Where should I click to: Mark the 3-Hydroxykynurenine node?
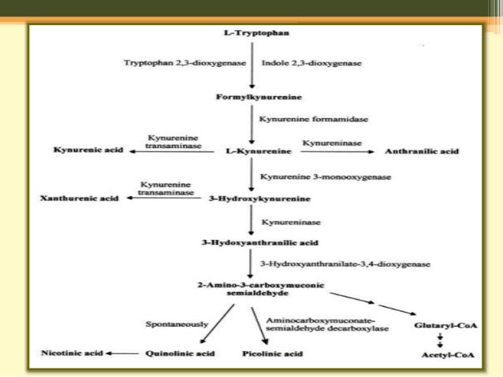pyautogui.click(x=250, y=199)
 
